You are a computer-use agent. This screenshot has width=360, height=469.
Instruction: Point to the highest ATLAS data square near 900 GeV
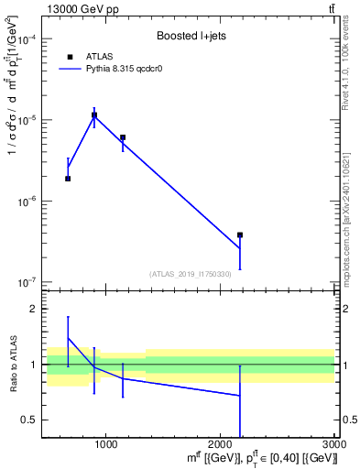[x=94, y=116]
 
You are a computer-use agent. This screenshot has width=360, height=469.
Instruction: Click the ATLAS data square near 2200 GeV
[x=240, y=235]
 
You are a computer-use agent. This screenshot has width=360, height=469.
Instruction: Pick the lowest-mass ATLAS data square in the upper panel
[x=68, y=179]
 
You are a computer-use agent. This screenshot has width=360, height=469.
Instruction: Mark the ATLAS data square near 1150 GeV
[x=123, y=137]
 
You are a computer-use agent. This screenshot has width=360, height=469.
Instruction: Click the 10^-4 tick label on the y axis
[x=28, y=40]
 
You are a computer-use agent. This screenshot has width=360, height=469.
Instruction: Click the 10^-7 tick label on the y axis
[x=28, y=282]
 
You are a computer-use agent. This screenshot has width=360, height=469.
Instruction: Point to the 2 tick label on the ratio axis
[x=33, y=310]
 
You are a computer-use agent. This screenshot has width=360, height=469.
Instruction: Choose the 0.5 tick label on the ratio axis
[x=29, y=420]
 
